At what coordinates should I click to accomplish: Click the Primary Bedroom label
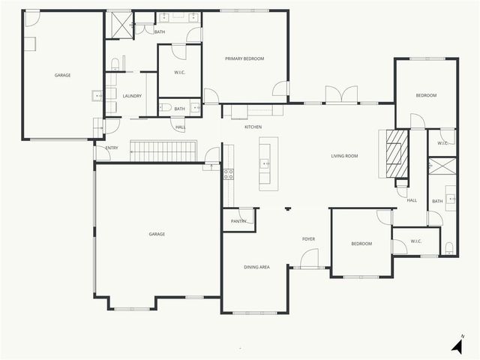244,58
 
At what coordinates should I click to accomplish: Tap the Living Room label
344,156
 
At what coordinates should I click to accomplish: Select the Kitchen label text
253,127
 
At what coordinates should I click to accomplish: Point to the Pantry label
238,221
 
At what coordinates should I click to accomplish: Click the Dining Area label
256,267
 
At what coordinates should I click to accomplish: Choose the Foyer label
308,238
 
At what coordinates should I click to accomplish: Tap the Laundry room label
132,96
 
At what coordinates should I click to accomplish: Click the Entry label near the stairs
112,148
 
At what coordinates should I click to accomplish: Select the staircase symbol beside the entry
163,151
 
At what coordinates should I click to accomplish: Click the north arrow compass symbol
457,346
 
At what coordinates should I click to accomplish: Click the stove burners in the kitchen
228,174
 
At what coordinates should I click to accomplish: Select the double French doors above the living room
336,95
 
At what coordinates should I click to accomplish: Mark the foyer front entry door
309,260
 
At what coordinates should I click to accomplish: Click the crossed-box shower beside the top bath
118,25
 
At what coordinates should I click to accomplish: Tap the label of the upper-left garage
62,75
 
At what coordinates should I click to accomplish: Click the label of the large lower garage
157,234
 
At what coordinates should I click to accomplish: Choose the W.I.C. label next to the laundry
179,72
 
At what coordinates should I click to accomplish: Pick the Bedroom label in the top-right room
426,95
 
